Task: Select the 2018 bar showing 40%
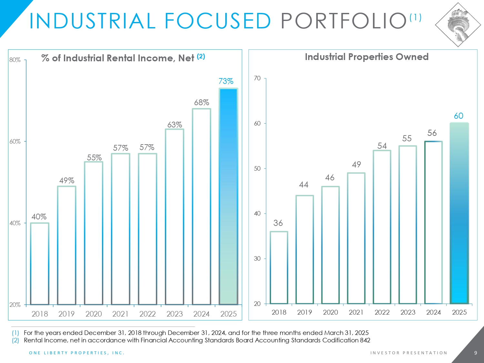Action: point(40,264)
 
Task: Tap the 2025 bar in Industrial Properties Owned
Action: point(459,213)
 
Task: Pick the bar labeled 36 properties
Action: point(279,267)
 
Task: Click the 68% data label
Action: point(201,103)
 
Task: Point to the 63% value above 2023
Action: point(175,125)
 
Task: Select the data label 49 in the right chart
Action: point(356,165)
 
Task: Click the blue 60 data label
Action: point(459,116)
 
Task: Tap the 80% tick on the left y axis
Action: point(15,60)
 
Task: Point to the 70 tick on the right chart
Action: point(257,78)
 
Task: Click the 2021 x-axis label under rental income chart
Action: point(120,314)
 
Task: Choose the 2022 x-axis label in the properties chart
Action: point(382,312)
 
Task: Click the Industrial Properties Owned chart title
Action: point(367,57)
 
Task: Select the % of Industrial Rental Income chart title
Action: point(118,58)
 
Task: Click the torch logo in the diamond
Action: point(458,25)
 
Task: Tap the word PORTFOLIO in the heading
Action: point(344,21)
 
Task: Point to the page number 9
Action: point(475,353)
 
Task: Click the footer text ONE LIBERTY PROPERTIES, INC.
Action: point(76,353)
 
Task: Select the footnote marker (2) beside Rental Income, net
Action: point(15,340)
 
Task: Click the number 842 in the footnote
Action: point(365,340)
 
